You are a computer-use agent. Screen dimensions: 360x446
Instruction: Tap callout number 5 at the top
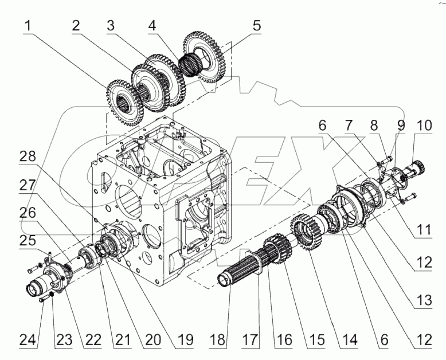point(256,26)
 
